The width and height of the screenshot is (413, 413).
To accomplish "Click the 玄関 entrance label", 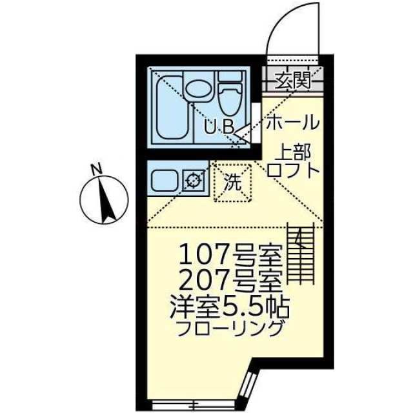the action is pyautogui.click(x=292, y=80).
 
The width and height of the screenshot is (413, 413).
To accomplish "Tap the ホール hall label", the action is pyautogui.click(x=292, y=123).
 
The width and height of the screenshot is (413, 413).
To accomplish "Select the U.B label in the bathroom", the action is pyautogui.click(x=219, y=126).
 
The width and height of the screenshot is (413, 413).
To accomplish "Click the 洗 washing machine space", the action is pyautogui.click(x=233, y=183).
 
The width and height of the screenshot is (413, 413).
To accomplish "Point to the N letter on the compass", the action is pyautogui.click(x=96, y=169).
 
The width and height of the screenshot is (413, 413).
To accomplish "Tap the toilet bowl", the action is pyautogui.click(x=230, y=94).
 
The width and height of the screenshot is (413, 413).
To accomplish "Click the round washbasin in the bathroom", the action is pyautogui.click(x=198, y=89).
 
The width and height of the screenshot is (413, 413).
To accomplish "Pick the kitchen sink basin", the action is pyautogui.click(x=165, y=181).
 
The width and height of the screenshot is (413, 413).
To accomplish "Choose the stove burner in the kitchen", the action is pyautogui.click(x=194, y=181).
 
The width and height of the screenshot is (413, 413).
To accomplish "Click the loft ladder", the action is pyautogui.click(x=301, y=253).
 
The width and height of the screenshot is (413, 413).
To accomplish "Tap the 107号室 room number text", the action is pyautogui.click(x=230, y=254).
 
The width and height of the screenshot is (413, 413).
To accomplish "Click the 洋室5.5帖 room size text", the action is pyautogui.click(x=230, y=307).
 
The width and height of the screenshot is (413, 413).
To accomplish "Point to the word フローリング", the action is pyautogui.click(x=230, y=328).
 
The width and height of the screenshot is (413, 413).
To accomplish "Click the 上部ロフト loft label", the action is pyautogui.click(x=293, y=161).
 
